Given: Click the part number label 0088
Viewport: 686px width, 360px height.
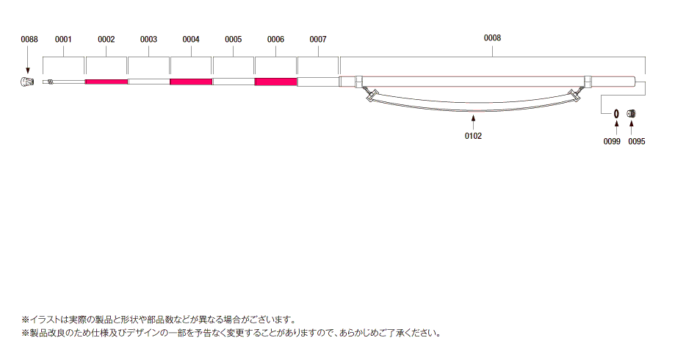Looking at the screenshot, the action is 29,40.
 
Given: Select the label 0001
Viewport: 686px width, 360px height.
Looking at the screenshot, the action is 63,40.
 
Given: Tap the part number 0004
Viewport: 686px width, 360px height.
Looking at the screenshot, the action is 191,40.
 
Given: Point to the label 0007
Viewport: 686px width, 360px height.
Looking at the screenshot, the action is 318,40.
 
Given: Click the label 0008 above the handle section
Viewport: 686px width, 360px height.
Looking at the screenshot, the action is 492,38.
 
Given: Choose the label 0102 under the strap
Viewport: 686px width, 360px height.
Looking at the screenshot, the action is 473,136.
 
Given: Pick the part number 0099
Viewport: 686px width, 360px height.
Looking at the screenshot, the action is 612,141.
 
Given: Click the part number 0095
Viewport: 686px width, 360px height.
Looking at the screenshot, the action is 637,141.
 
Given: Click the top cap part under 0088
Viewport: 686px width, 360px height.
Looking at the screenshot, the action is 27,82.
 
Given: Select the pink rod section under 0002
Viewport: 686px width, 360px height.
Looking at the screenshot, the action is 106,82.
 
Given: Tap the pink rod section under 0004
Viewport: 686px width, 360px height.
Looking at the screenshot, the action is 191,82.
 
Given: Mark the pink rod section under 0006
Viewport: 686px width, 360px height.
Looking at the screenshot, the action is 276,82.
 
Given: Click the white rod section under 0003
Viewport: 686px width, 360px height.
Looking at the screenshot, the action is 149,82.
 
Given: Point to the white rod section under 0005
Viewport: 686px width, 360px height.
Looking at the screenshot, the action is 234,82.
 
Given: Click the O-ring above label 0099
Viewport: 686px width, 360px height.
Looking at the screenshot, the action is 616,114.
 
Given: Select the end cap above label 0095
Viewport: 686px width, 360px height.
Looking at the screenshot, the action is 632,114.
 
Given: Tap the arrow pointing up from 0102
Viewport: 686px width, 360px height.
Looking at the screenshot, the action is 473,122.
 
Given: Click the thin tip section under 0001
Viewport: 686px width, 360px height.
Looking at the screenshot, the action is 64,82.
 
